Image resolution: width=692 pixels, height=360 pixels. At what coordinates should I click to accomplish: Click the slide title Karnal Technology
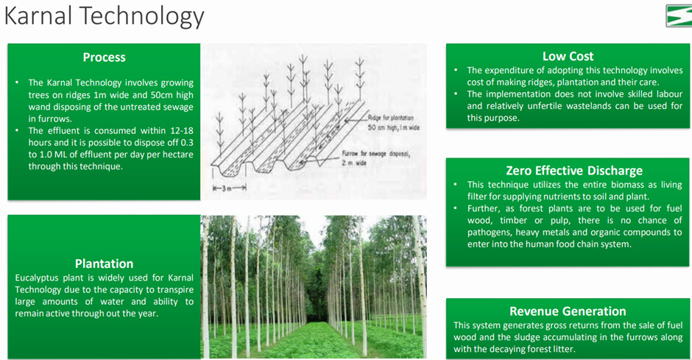point(104,16)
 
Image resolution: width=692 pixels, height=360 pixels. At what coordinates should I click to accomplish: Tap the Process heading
point(104,57)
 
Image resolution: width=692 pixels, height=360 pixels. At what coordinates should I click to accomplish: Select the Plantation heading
point(104,264)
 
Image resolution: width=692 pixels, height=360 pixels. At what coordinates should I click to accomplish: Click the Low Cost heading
point(568,56)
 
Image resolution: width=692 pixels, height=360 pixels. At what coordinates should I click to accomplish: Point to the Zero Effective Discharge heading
point(574,170)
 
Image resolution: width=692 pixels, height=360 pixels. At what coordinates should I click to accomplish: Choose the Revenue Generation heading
point(568,311)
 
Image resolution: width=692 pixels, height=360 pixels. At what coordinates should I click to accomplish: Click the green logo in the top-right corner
point(679,16)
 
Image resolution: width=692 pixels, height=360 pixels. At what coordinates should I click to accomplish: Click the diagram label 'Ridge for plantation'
point(391,118)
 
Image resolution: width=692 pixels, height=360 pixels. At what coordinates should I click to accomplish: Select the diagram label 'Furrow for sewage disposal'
point(375,154)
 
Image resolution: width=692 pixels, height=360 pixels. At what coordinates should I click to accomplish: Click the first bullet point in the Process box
point(17,82)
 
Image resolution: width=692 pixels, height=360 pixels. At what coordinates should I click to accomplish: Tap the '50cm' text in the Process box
point(160,95)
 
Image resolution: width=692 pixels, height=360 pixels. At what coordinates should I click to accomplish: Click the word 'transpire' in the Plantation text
point(175,290)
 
